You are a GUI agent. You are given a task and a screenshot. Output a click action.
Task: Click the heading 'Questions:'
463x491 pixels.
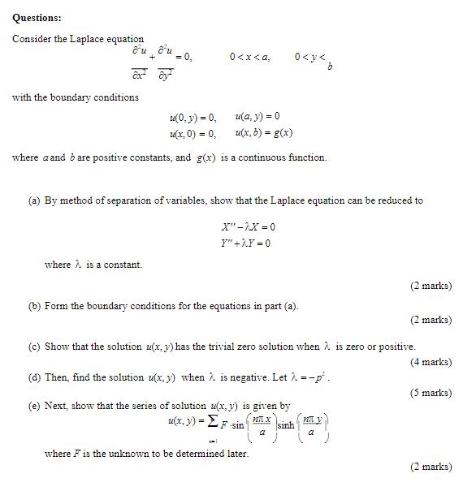[37, 17]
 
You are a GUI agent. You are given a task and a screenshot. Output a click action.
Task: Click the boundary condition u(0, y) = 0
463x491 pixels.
[193, 118]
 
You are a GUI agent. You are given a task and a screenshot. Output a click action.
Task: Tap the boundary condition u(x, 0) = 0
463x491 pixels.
[193, 134]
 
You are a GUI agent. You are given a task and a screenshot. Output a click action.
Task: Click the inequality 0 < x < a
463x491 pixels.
[249, 57]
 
